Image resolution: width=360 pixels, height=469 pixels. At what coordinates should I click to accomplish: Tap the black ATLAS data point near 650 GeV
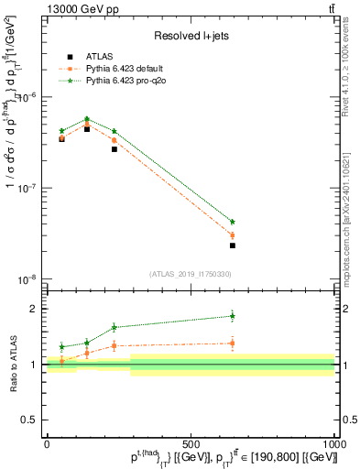pos(232,245)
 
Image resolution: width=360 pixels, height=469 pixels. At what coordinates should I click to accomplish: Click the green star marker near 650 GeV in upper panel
pos(232,222)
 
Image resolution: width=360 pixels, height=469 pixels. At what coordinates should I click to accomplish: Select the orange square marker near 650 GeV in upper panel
pos(232,235)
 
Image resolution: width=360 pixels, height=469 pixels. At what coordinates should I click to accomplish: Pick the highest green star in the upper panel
pos(87,119)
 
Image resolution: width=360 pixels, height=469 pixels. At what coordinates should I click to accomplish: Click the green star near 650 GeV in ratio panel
pos(232,316)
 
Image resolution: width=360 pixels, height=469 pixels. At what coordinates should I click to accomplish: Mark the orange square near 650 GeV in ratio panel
pos(232,344)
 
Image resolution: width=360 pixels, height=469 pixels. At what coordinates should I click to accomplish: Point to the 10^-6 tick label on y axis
pos(29,96)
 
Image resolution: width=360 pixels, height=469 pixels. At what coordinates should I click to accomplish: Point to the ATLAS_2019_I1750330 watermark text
pos(191,273)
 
